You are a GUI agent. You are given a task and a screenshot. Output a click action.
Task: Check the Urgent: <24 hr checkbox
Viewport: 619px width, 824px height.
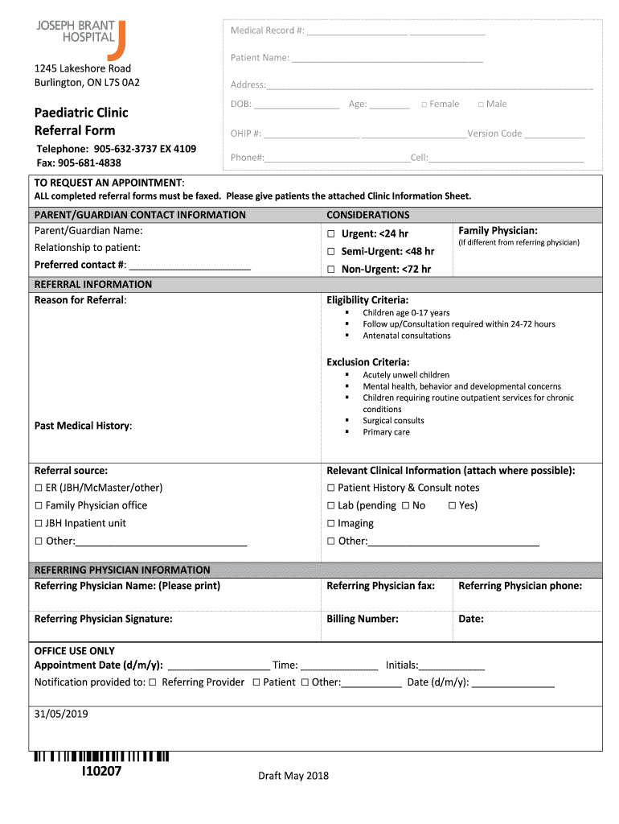(330, 234)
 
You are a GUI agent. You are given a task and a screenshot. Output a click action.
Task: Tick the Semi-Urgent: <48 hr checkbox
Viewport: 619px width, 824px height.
(330, 252)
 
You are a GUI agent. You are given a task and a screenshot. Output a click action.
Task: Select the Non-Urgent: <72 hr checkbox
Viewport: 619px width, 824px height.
(330, 270)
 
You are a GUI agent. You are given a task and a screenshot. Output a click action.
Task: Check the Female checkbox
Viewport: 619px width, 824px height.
(424, 105)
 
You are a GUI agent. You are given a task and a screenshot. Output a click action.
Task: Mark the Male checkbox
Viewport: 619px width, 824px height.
(481, 105)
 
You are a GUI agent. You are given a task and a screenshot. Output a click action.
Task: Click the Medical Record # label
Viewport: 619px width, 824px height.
(267, 31)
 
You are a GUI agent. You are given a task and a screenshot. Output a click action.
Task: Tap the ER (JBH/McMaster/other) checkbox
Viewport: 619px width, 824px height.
(39, 488)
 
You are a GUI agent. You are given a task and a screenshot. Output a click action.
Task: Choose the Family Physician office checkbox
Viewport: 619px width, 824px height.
(39, 506)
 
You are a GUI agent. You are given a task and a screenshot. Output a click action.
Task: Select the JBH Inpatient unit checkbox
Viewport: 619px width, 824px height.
(39, 524)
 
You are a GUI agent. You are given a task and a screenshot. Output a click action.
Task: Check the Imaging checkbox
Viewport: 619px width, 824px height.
(330, 524)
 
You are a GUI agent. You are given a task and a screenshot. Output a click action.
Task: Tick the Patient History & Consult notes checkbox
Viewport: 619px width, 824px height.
(330, 488)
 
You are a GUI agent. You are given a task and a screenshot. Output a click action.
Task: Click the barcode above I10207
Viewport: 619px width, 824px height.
(101, 756)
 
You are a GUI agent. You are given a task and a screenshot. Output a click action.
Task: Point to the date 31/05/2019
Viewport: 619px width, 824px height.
(61, 714)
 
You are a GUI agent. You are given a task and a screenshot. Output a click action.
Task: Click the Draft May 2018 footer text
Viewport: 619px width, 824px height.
(293, 776)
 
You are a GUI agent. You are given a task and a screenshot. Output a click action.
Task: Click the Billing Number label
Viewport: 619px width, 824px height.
(362, 619)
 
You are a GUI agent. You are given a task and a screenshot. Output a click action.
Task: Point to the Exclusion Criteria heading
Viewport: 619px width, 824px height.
(367, 362)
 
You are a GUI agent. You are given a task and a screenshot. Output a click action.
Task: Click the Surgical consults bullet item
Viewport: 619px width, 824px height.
(393, 421)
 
